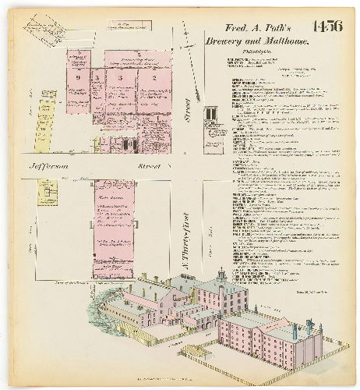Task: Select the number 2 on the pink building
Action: pyautogui.click(x=154, y=78)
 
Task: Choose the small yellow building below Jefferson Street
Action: pyautogui.click(x=48, y=192)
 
